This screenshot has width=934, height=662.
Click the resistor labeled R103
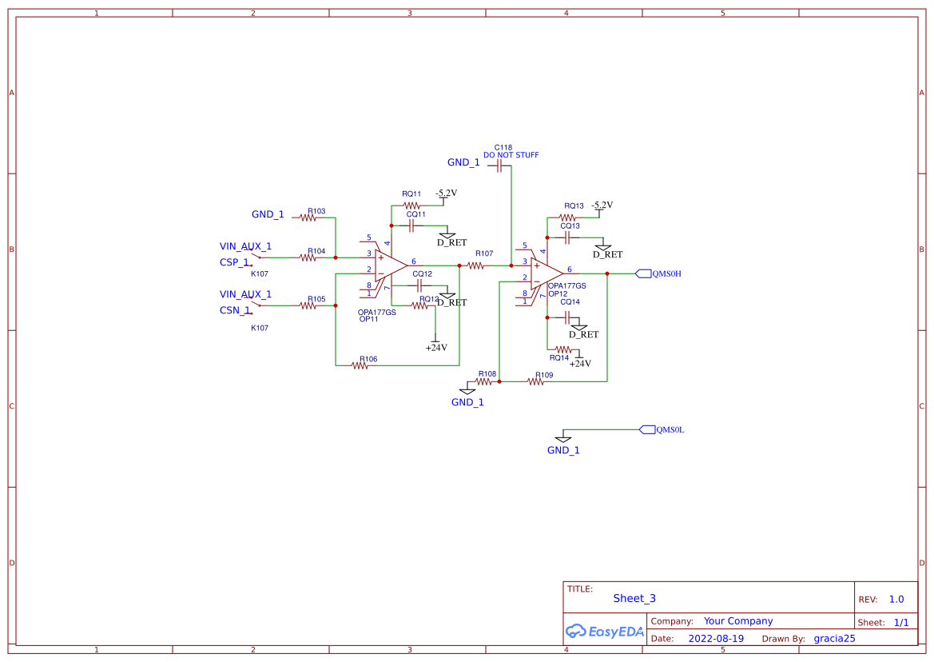(308, 218)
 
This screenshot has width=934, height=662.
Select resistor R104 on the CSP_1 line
(308, 257)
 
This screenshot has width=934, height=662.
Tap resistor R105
(308, 305)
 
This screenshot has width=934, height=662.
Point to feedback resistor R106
(360, 365)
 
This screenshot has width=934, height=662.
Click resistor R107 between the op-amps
(476, 265)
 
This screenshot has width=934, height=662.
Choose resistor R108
(484, 381)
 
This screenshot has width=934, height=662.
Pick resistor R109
(536, 381)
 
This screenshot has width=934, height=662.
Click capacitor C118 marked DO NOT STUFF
(500, 166)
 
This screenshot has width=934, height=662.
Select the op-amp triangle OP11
(391, 265)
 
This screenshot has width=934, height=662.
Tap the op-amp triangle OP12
(546, 273)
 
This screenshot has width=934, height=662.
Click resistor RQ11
(411, 205)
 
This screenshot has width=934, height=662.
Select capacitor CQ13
(567, 237)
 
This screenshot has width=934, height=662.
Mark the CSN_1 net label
(235, 310)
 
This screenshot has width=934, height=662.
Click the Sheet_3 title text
(634, 598)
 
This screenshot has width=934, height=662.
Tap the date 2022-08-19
(716, 639)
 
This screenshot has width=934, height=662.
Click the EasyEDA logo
(605, 631)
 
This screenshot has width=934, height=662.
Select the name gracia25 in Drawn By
(834, 639)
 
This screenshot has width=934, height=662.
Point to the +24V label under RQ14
(580, 363)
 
